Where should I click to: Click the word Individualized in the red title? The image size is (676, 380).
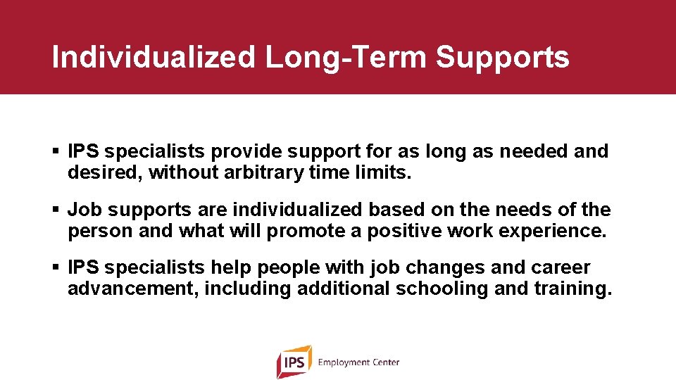click(x=154, y=57)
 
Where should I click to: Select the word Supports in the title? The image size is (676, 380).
click(x=502, y=57)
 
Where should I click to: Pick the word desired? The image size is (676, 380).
click(x=105, y=172)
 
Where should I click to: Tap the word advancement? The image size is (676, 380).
click(x=131, y=289)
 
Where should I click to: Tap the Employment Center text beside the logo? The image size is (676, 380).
click(x=358, y=362)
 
